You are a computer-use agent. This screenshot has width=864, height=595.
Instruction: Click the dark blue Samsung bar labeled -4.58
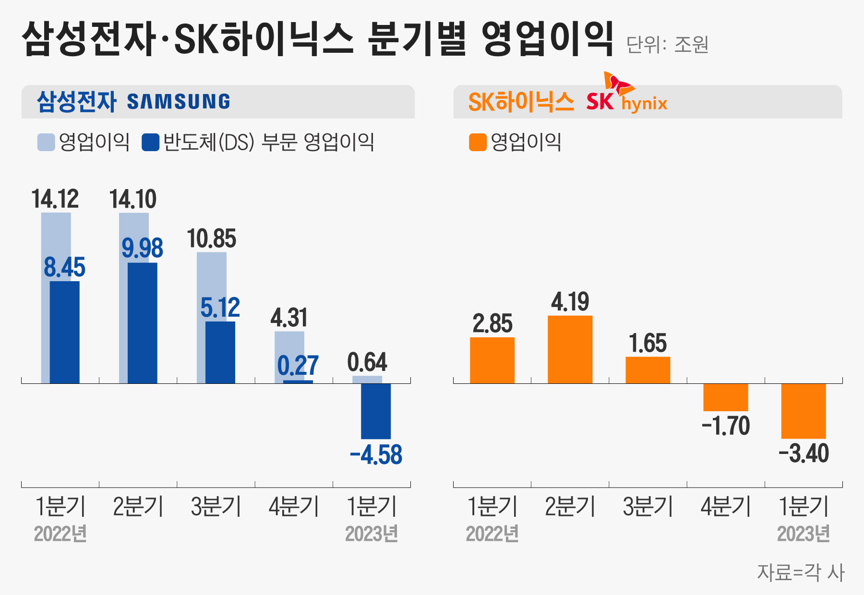(x=376, y=411)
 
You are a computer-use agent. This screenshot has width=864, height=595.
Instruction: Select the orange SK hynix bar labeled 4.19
(x=570, y=349)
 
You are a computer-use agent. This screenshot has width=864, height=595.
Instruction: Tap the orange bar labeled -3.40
(x=804, y=411)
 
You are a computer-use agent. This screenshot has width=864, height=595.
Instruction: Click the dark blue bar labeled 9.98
(x=143, y=322)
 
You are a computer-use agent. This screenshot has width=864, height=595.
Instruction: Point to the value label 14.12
(x=55, y=199)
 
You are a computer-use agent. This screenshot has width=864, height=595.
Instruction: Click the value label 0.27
(x=298, y=366)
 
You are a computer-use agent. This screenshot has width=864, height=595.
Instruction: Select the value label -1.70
(x=726, y=426)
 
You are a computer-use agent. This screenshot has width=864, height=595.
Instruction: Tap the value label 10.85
(x=212, y=239)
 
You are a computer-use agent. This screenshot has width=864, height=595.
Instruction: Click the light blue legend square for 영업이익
(x=46, y=143)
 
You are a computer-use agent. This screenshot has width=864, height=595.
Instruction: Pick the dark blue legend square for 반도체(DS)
(x=150, y=143)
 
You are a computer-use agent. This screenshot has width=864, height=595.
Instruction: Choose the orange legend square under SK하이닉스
(x=478, y=143)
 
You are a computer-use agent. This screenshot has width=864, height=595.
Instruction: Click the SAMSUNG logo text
(x=179, y=102)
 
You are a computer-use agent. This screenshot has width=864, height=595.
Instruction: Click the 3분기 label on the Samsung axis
(x=216, y=507)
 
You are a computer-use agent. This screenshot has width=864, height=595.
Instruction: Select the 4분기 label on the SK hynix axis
(x=726, y=507)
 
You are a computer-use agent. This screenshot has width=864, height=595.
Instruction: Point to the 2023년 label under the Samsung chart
(x=372, y=534)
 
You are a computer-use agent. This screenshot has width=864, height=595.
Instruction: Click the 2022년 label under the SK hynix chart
(x=492, y=534)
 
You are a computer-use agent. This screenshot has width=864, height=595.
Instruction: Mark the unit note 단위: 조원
(x=667, y=45)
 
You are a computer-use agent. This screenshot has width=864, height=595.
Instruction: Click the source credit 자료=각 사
(x=801, y=572)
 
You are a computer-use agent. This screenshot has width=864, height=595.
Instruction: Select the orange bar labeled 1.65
(x=648, y=370)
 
